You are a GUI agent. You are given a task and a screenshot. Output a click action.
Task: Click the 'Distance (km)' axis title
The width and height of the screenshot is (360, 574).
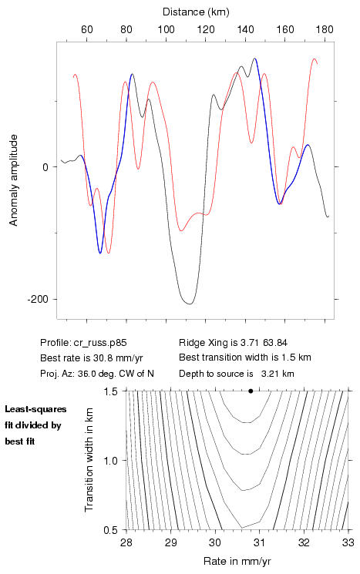(196, 12)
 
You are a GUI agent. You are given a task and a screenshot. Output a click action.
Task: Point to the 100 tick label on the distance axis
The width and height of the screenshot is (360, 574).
(166, 29)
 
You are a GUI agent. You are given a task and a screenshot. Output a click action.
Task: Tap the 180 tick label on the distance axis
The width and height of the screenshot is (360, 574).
(325, 29)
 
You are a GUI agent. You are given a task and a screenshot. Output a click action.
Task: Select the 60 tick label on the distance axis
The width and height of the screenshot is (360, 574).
(87, 29)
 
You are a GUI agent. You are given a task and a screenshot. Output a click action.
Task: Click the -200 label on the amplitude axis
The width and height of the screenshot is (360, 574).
(37, 300)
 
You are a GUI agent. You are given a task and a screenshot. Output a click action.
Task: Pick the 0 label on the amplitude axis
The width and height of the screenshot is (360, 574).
(45, 167)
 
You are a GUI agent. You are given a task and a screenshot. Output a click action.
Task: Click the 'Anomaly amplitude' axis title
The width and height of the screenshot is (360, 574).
(14, 180)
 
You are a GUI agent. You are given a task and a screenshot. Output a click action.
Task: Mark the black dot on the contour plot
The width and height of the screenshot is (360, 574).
(251, 391)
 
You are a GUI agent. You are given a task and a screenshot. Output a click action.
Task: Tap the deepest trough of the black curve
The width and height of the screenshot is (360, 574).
(190, 304)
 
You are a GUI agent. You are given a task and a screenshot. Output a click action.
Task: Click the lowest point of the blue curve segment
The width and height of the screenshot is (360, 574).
(100, 253)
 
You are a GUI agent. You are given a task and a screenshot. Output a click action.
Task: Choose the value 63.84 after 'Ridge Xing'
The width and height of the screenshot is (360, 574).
(275, 343)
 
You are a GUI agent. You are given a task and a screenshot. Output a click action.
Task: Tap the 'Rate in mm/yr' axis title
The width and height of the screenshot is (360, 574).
(237, 561)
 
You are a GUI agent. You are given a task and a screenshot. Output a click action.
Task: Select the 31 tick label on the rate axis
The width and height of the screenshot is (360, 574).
(259, 542)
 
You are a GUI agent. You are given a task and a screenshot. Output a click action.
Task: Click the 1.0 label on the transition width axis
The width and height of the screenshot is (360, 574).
(110, 461)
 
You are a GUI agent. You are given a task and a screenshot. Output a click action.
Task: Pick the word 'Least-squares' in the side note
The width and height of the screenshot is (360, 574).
(35, 409)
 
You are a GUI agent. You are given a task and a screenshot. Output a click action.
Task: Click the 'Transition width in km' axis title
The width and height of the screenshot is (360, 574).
(89, 460)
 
